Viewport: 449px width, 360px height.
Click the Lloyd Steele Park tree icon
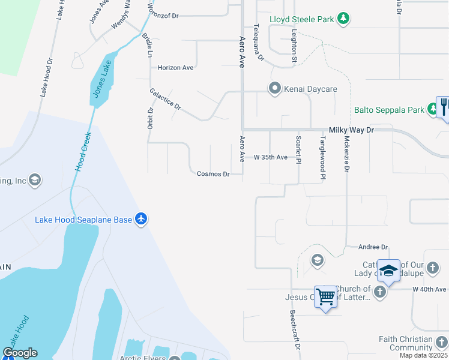pyautogui.click(x=343, y=19)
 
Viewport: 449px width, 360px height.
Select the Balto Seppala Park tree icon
pyautogui.click(x=433, y=109)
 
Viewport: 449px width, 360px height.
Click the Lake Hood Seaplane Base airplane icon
pyautogui.click(x=141, y=220)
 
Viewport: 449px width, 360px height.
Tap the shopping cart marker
pyautogui.click(x=325, y=297)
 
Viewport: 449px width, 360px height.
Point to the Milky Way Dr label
pyautogui.click(x=351, y=130)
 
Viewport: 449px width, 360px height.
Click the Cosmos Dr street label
pyautogui.click(x=213, y=174)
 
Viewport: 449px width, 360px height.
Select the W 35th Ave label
pyautogui.click(x=270, y=157)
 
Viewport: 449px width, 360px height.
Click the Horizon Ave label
pyautogui.click(x=175, y=68)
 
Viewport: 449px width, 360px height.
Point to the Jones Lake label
pyautogui.click(x=100, y=79)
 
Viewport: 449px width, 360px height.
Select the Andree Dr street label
pyautogui.click(x=373, y=247)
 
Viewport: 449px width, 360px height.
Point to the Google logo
pyautogui.click(x=20, y=353)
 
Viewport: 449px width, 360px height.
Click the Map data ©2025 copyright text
pyautogui.click(x=424, y=355)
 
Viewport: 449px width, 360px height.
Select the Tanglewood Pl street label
pyautogui.click(x=322, y=157)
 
